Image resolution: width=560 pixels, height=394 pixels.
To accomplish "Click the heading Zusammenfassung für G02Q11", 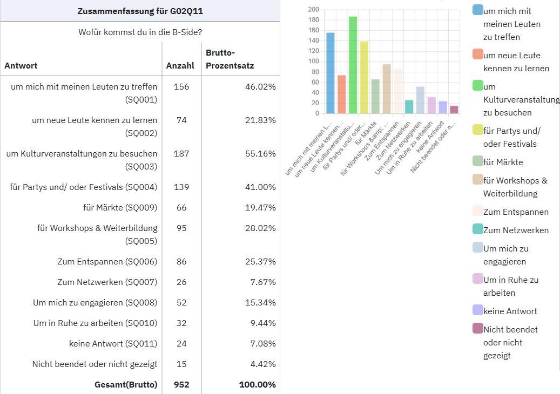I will (x=140, y=11).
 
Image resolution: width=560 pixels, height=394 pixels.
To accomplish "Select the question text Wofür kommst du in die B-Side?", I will (x=140, y=32).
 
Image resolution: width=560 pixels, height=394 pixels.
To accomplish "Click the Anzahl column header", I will (x=180, y=66).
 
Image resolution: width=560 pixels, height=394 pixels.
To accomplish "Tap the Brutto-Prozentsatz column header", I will (x=230, y=59).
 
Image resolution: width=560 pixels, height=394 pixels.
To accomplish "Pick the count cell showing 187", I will (x=181, y=154).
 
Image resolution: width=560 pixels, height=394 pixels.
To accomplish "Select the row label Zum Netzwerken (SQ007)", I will (x=107, y=282).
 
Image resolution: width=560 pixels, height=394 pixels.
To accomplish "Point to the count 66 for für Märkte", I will (x=181, y=208).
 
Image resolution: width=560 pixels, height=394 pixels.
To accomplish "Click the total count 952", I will (x=181, y=385).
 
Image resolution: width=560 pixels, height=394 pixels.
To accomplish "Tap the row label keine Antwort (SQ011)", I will (x=113, y=344).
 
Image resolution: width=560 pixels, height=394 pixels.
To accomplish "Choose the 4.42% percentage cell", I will (x=262, y=364).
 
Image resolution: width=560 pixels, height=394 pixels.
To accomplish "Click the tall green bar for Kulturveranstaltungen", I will (x=353, y=65).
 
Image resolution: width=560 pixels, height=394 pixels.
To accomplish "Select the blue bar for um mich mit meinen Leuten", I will (x=330, y=73).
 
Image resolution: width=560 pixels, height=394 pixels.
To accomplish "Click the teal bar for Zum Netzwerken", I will (x=409, y=107).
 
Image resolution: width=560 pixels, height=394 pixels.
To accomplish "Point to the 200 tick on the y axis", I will (x=313, y=10).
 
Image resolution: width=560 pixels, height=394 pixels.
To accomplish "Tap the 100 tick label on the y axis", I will (x=313, y=62).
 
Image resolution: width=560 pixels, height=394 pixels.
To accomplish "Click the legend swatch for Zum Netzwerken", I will (x=477, y=229).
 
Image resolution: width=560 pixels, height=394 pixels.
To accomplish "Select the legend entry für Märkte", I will (x=503, y=162).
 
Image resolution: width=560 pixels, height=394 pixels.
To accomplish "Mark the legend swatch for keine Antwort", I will (x=477, y=310).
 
